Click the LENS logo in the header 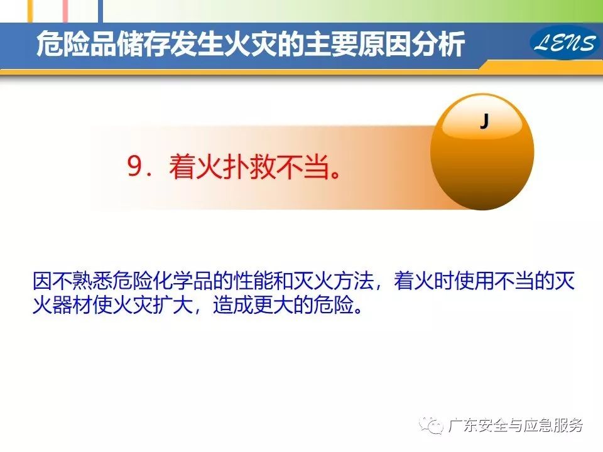[x=564, y=42]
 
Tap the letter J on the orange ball [x=484, y=121]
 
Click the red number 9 [x=136, y=166]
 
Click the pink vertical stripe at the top [x=65, y=11]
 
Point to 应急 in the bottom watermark [x=538, y=425]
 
